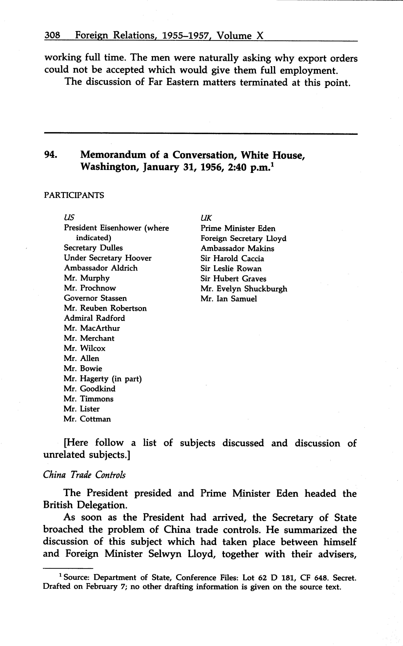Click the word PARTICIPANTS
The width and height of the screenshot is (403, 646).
pyautogui.click(x=74, y=195)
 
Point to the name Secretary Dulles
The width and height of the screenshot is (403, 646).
pyautogui.click(x=93, y=248)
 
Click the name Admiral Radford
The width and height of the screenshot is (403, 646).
pyautogui.click(x=94, y=318)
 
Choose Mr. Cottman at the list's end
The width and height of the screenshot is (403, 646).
pyautogui.click(x=87, y=419)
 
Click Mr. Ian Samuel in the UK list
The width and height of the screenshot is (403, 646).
pyautogui.click(x=229, y=299)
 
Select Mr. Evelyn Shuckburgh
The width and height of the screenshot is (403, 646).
pyautogui.click(x=244, y=289)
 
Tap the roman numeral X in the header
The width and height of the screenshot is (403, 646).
pyautogui.click(x=260, y=35)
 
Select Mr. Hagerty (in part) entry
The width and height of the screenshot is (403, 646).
pyautogui.click(x=103, y=379)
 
